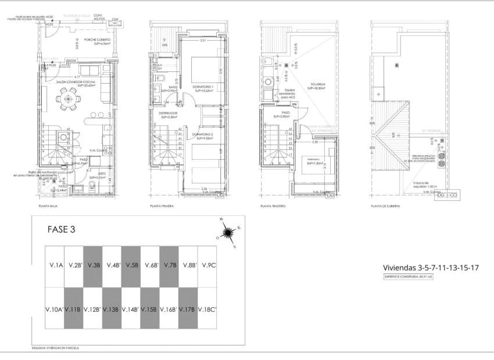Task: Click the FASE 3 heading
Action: tap(61, 229)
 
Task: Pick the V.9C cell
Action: tap(207, 266)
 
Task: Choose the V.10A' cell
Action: tap(54, 309)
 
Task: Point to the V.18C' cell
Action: tap(207, 309)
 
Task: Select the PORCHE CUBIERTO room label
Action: tap(97, 40)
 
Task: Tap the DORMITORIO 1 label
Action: tap(203, 87)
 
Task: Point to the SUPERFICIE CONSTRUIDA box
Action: tap(409, 278)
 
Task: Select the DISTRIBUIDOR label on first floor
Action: tap(168, 113)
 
